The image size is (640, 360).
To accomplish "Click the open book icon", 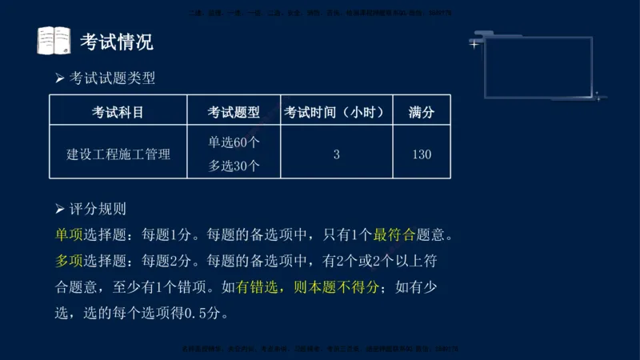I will (54, 41).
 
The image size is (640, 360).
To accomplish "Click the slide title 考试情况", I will (117, 42).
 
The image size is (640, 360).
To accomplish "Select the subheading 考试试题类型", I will (112, 78).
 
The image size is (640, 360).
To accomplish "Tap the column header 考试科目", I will (118, 112).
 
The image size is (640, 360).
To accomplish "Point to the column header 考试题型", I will (234, 112).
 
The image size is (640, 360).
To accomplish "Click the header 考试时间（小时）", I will (337, 112).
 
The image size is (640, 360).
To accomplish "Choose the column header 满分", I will (422, 112).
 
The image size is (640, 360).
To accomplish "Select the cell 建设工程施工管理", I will (118, 154).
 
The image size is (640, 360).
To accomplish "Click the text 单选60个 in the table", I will (234, 142).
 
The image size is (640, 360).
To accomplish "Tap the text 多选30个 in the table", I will (234, 166).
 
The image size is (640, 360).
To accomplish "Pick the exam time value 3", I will (337, 154).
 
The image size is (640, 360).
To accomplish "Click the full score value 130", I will (422, 154).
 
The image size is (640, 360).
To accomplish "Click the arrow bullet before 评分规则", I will (59, 210).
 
